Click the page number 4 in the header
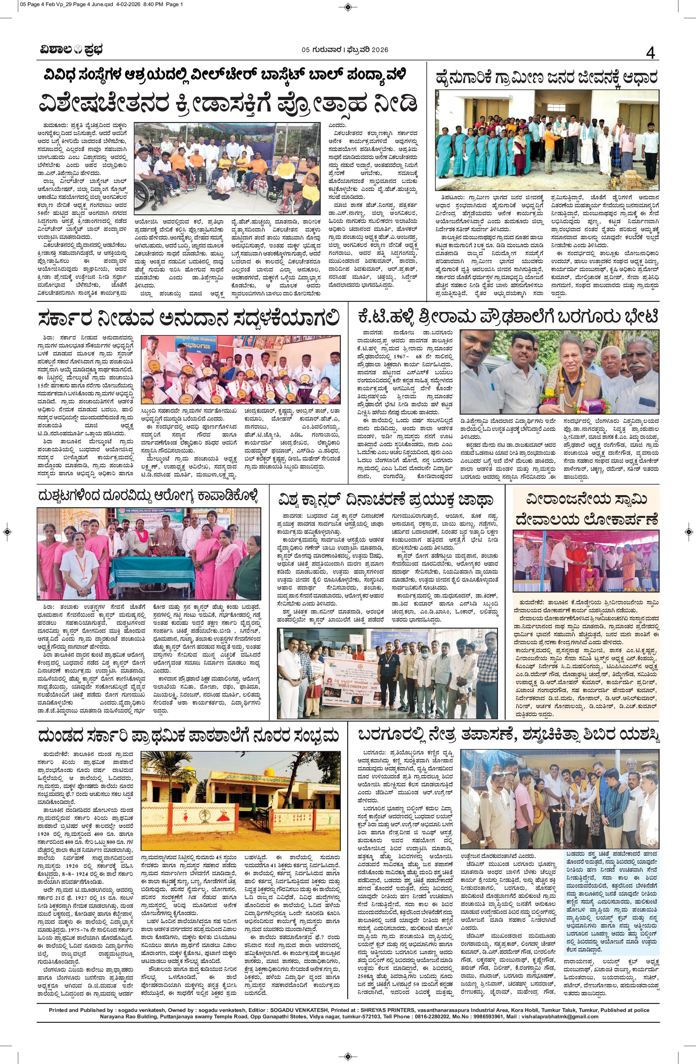(650, 53)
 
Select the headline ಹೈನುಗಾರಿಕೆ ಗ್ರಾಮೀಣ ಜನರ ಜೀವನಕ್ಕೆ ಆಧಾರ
(547, 77)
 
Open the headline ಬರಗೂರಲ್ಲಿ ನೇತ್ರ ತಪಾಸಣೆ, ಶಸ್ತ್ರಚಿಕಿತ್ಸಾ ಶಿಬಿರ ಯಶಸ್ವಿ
(507, 747)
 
